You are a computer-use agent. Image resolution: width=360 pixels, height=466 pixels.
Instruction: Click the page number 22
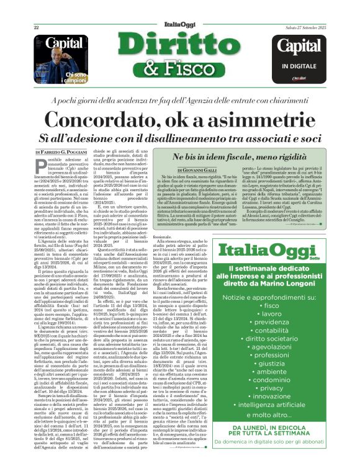[36, 27]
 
